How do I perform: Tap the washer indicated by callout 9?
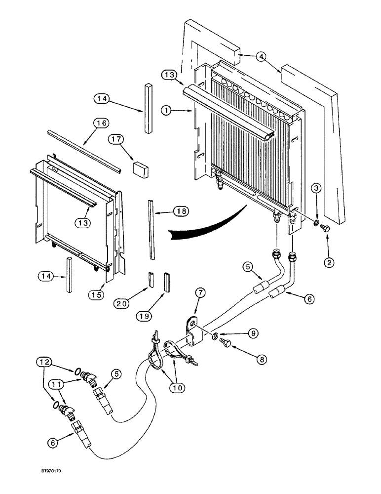coord(215,337)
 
